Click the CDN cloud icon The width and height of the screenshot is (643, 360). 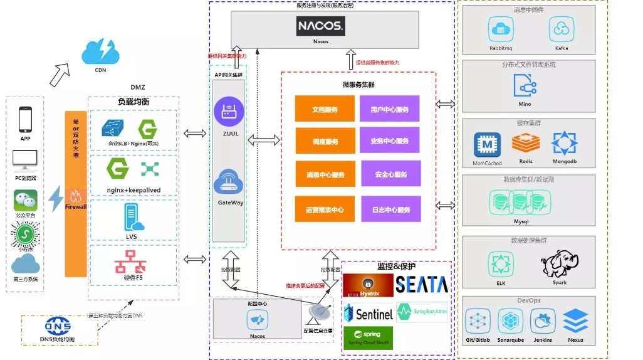pos(100,51)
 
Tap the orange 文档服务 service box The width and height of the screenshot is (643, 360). pos(325,109)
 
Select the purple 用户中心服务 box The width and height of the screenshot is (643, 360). pos(389,109)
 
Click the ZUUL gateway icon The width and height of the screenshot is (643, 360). pos(228,113)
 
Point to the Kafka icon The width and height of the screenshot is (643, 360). pos(562,29)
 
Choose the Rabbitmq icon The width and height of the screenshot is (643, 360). pos(501,29)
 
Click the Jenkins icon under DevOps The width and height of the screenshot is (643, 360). pos(543,321)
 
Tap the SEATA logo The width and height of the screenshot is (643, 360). pos(422,284)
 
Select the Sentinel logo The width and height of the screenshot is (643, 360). pos(369,312)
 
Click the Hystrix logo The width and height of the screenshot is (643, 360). pos(369,284)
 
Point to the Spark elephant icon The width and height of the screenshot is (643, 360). pos(559,263)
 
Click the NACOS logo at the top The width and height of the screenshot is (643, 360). pos(320,26)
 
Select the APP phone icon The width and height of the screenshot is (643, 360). pos(25,119)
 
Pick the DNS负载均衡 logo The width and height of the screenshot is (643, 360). pos(58,326)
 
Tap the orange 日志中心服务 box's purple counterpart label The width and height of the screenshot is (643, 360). pos(389,209)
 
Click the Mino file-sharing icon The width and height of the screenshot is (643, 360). pos(525,85)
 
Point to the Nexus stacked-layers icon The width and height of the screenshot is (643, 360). pos(575,321)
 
